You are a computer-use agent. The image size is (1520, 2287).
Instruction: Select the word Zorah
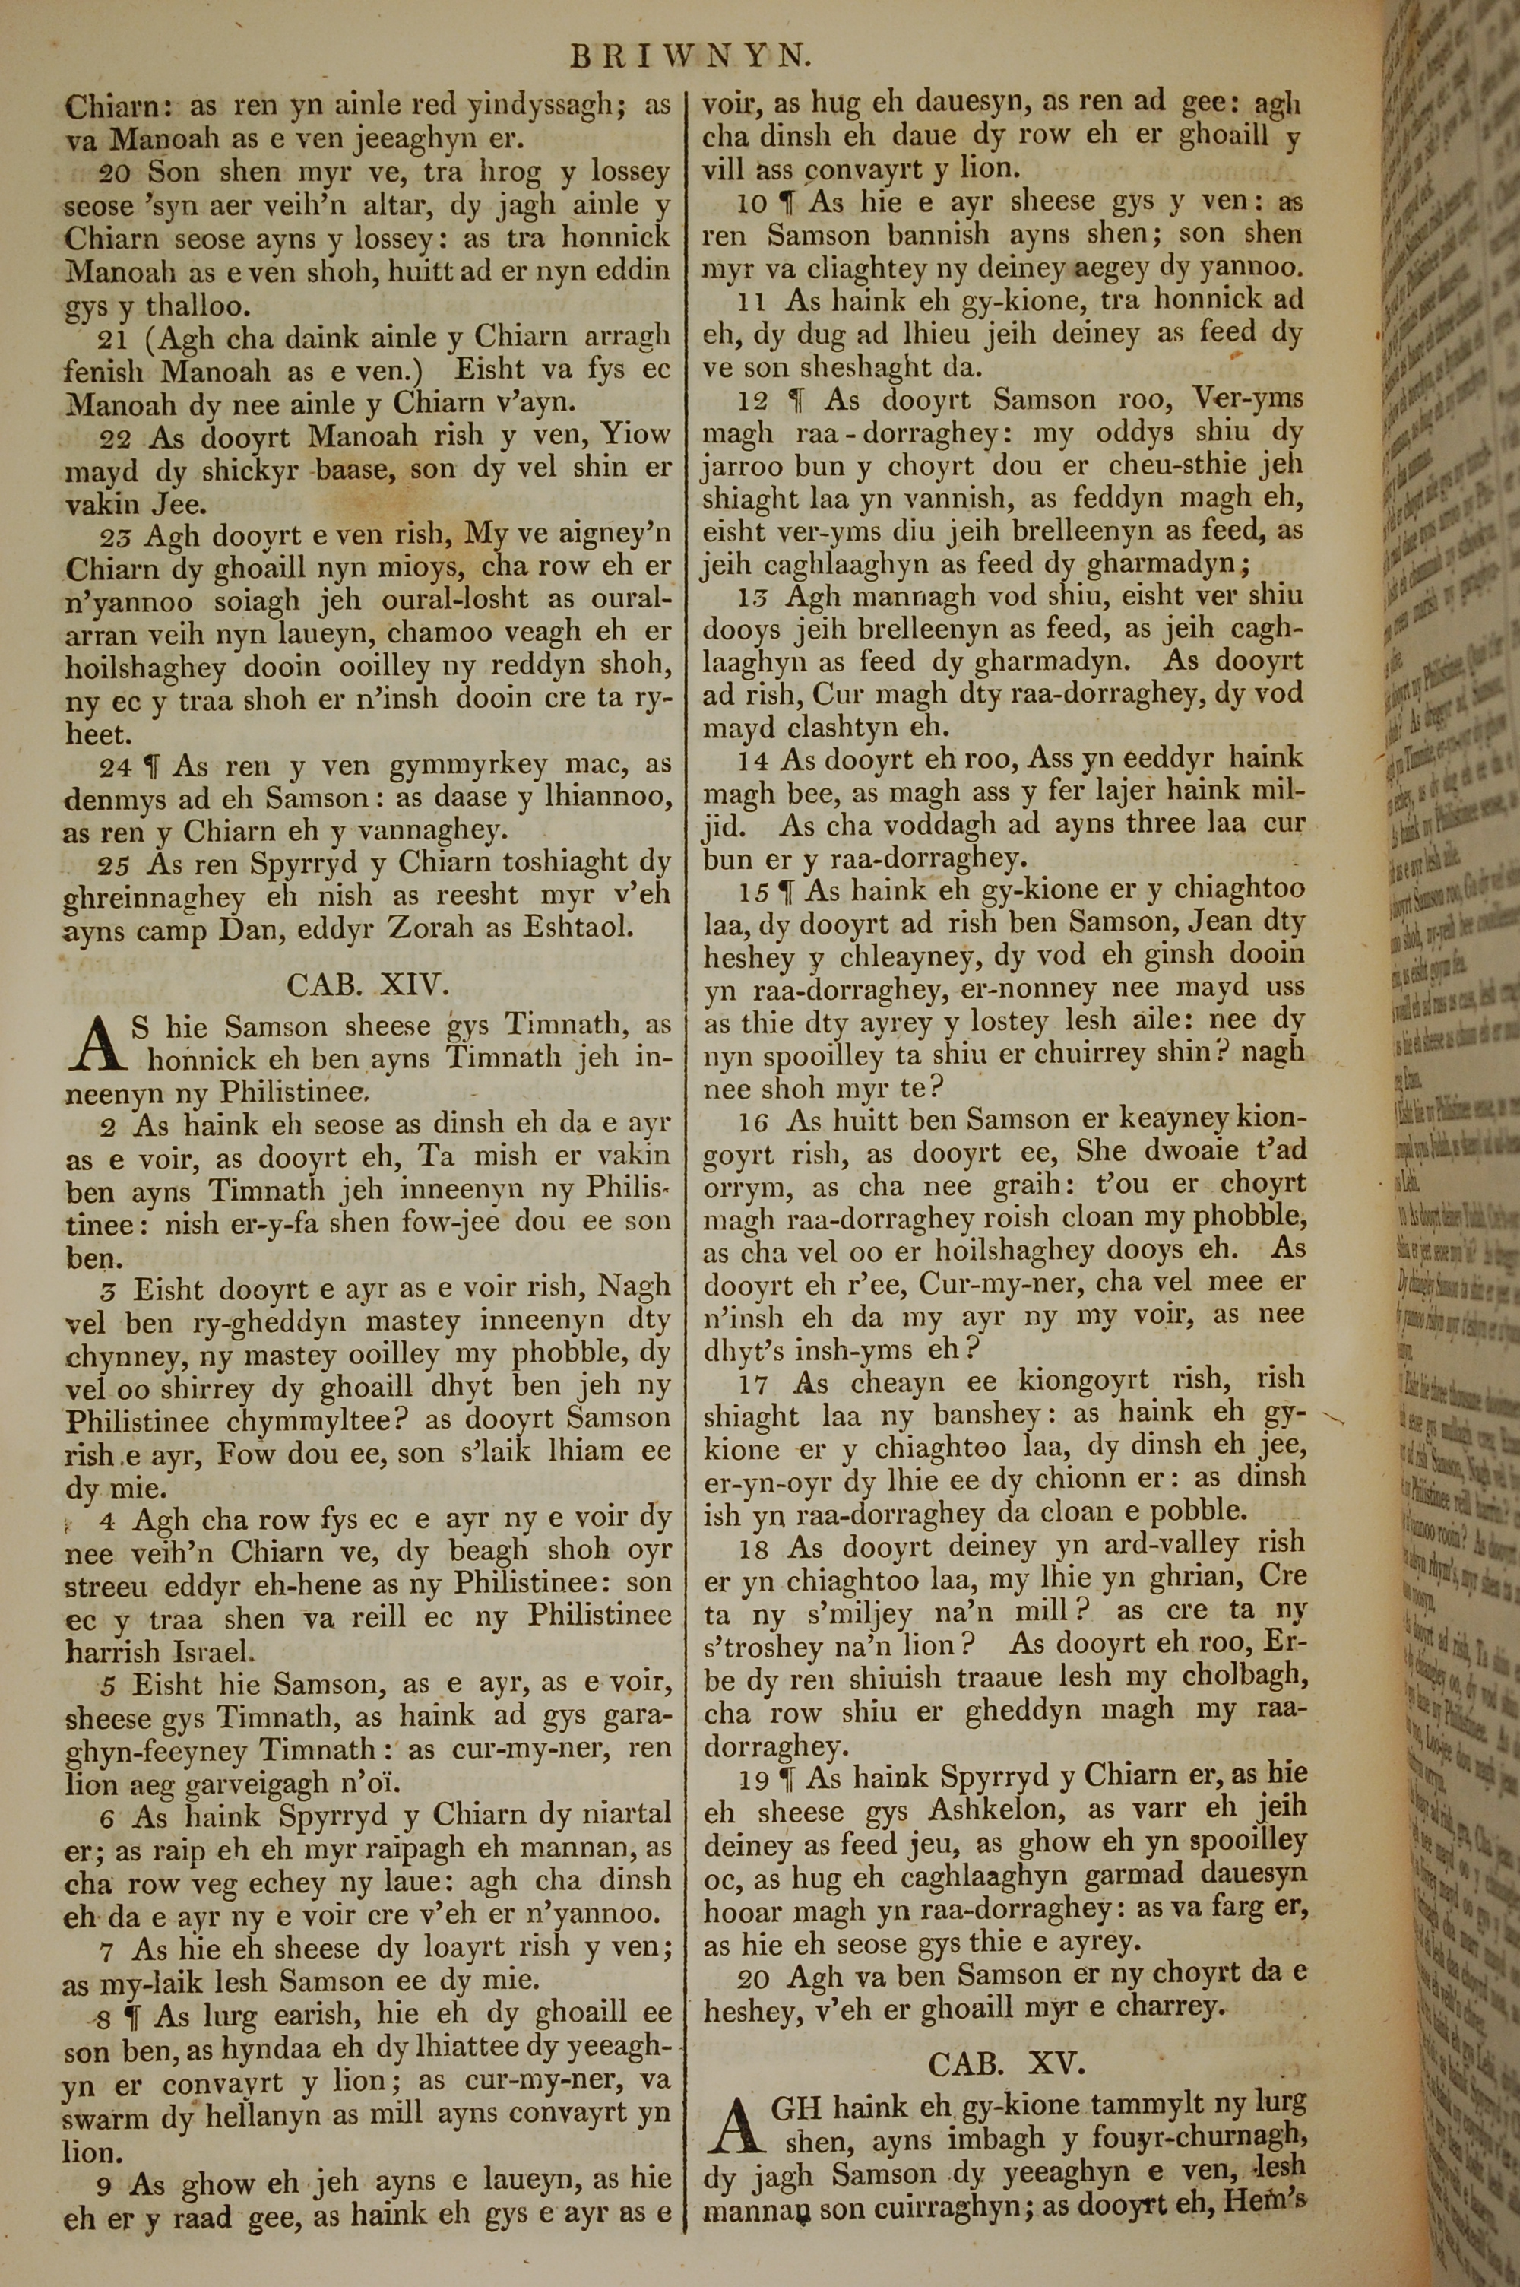coord(429,927)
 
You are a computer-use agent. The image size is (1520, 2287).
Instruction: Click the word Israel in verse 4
coord(214,1645)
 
